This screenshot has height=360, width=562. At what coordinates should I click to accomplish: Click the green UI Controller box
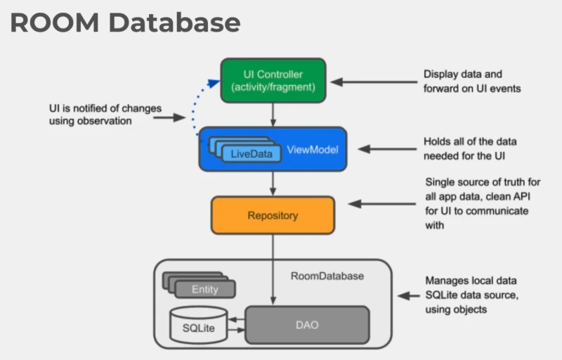pos(273,80)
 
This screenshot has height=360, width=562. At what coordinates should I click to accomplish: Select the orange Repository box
pos(273,216)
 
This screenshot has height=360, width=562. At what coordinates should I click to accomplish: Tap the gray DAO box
pos(306,326)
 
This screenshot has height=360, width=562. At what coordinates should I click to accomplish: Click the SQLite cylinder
pos(198,326)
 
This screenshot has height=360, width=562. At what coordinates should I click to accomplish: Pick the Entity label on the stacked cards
pos(204,289)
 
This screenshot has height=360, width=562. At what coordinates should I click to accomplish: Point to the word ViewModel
pos(313,150)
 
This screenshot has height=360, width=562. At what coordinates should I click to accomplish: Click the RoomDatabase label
pos(327,276)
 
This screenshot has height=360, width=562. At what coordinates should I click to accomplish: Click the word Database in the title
pos(180,23)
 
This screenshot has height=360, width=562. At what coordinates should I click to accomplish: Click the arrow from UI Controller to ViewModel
pos(273,114)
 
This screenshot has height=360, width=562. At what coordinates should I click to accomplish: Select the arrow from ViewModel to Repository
pos(273,183)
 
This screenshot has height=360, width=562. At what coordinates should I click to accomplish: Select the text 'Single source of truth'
pos(482,182)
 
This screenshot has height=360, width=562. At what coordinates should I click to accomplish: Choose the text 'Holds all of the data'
pos(470,141)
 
